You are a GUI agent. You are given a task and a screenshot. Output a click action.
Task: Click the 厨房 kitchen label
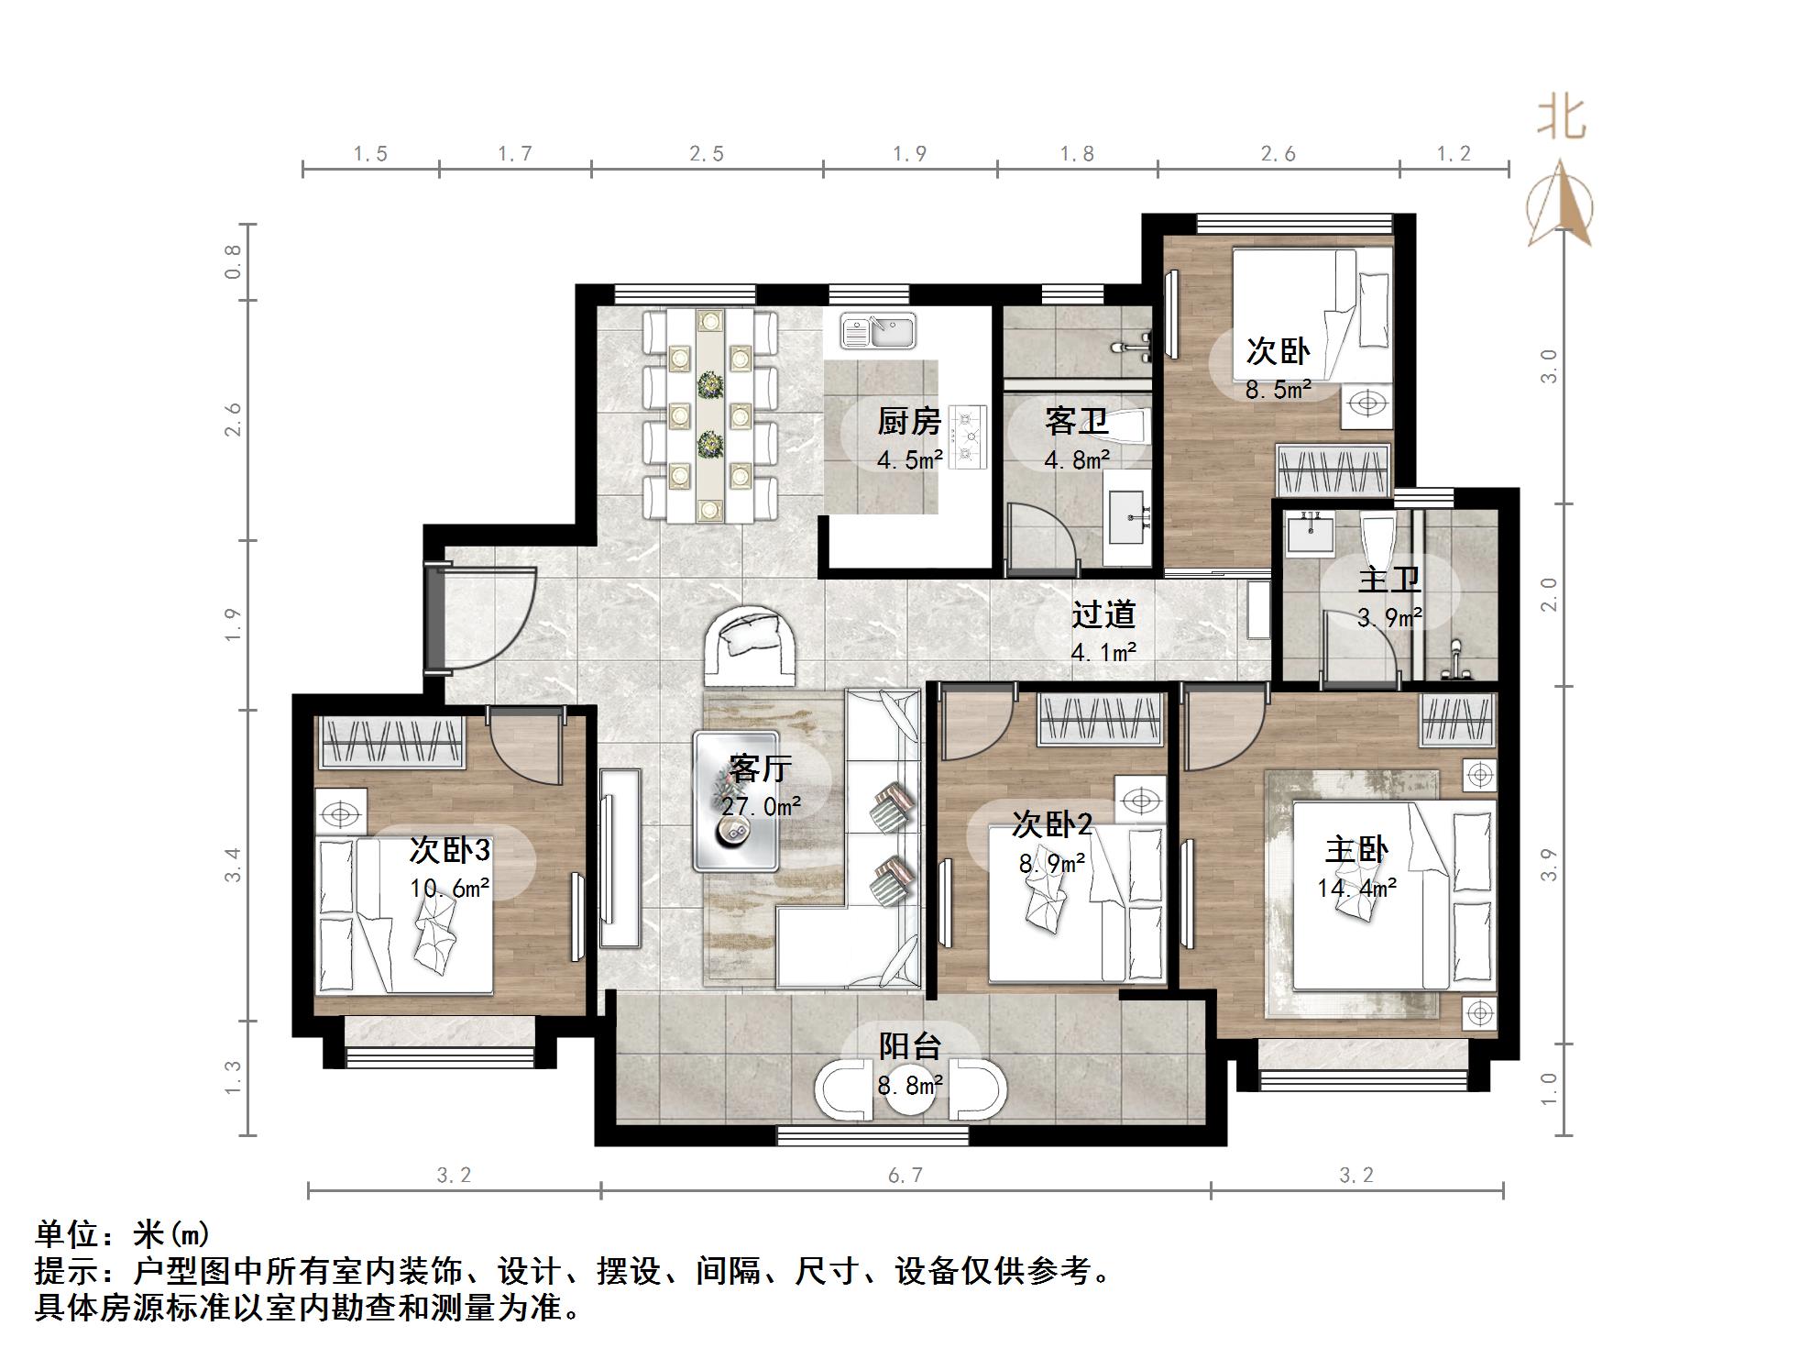[909, 422]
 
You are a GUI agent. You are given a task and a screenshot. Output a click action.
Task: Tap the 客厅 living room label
[760, 768]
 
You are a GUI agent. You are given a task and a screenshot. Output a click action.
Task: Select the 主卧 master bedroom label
[1356, 850]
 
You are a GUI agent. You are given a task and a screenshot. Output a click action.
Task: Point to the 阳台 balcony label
[910, 1046]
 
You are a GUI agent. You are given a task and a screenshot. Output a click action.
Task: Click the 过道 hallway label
[1103, 614]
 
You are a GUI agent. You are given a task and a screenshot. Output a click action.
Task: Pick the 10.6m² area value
[449, 889]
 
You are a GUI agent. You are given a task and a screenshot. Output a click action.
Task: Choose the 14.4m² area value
[1357, 888]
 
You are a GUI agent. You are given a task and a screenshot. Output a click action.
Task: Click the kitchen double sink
[879, 331]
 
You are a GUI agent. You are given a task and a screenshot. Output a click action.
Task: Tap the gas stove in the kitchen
[968, 437]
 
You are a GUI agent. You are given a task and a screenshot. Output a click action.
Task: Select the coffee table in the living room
[736, 801]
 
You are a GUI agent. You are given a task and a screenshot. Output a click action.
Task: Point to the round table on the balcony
[910, 1089]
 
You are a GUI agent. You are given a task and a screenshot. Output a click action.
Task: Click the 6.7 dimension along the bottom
[905, 1176]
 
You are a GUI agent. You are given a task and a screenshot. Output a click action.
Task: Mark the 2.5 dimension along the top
[707, 154]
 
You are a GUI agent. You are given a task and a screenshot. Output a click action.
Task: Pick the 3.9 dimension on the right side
[1548, 865]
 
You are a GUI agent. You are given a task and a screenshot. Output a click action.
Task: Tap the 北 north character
[1561, 119]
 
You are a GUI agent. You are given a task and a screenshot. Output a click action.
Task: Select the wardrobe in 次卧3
[391, 742]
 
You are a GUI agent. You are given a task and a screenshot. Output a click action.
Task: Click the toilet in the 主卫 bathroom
[1377, 542]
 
